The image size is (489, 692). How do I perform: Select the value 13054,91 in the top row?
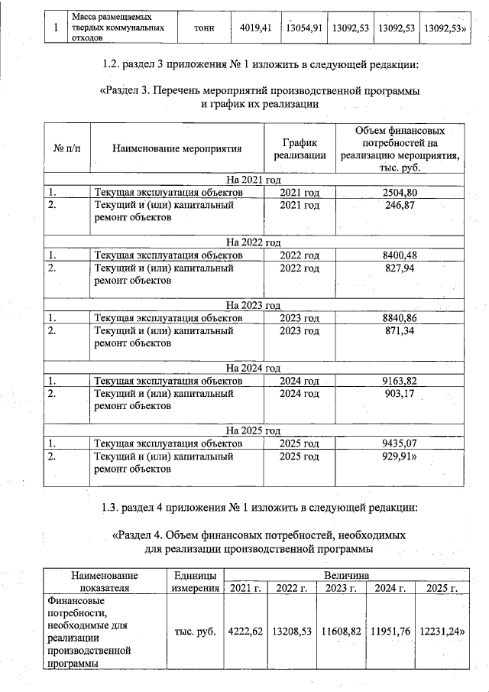pyautogui.click(x=304, y=28)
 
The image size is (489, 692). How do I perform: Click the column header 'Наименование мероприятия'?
pyautogui.click(x=176, y=148)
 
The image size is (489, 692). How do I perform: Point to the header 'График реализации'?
pyautogui.click(x=300, y=148)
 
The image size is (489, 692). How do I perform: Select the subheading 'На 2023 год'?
pyautogui.click(x=254, y=305)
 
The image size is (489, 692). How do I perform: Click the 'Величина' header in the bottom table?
pyautogui.click(x=346, y=574)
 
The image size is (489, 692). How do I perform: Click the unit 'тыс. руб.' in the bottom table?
pyautogui.click(x=196, y=632)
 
